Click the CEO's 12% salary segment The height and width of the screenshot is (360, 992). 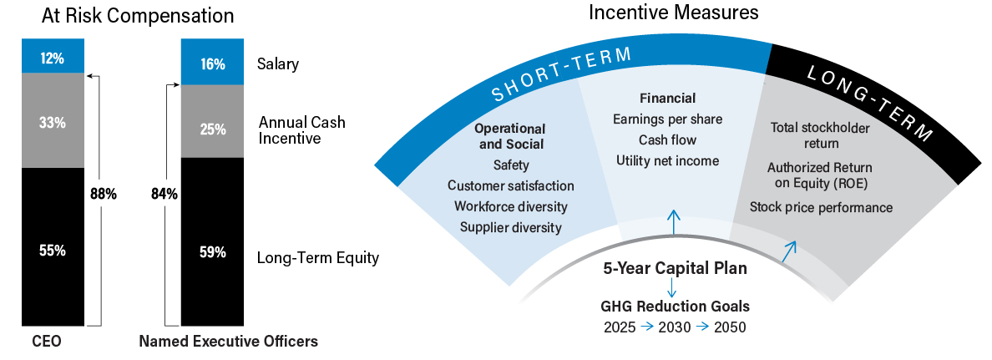(x=52, y=58)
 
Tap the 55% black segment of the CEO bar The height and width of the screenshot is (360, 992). (x=52, y=250)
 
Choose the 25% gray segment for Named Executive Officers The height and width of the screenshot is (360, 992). (x=213, y=129)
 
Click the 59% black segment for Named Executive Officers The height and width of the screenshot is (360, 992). (x=213, y=251)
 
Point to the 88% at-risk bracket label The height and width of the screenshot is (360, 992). (x=104, y=195)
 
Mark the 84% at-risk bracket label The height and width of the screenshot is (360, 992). (x=164, y=195)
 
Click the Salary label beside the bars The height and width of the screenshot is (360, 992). (x=279, y=63)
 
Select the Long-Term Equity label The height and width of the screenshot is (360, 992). (x=318, y=257)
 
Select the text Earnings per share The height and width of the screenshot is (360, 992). (x=667, y=119)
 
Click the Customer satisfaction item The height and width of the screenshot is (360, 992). (x=510, y=185)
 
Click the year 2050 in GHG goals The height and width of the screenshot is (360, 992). (x=729, y=327)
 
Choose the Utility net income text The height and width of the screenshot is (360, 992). (x=667, y=160)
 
